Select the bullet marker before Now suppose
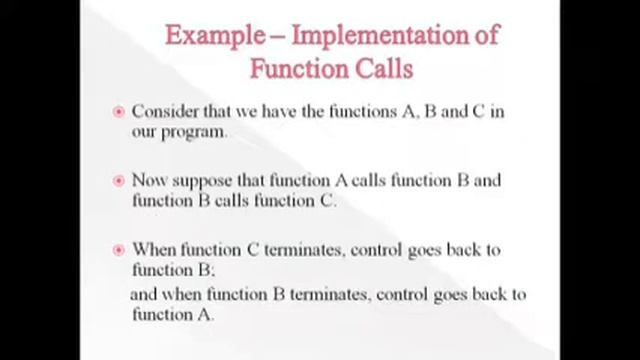119,182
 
